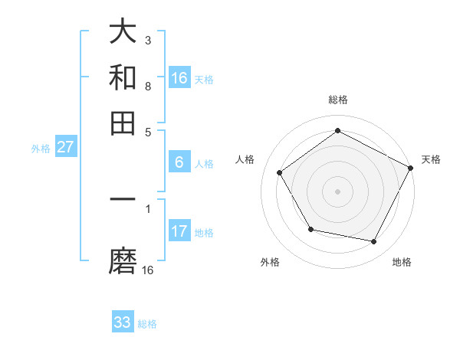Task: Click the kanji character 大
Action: pos(123,32)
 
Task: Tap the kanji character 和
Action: pos(123,77)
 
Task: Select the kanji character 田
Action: pos(123,123)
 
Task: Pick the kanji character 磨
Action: pos(123,262)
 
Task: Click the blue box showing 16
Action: pos(179,77)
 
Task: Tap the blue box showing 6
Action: pos(179,162)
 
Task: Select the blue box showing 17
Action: pos(179,231)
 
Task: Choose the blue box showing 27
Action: pos(65,146)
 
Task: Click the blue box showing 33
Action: pos(123,322)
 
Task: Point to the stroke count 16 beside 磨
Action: pos(148,270)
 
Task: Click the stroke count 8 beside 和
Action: pos(148,86)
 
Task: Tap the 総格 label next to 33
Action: pos(147,324)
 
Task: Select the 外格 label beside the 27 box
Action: pos(41,149)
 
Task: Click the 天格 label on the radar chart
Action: pos(431,159)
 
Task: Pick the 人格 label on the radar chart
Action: pos(245,159)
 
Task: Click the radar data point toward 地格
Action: pos(374,241)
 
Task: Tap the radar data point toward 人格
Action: pos(280,172)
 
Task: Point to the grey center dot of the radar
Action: pos(337,191)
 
